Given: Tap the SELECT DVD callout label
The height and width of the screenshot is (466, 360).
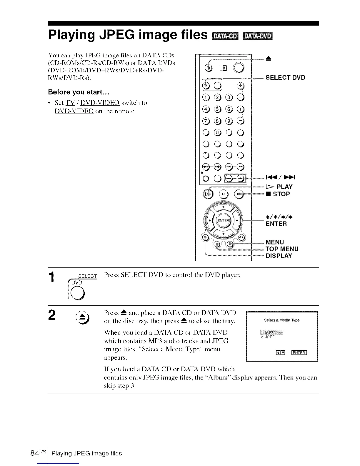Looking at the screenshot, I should pyautogui.click(x=285, y=78).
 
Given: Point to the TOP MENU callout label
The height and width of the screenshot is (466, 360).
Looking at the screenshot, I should pyautogui.click(x=282, y=249).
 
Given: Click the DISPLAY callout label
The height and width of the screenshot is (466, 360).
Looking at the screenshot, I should pyautogui.click(x=279, y=256).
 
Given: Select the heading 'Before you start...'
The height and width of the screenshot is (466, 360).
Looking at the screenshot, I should pyautogui.click(x=79, y=92).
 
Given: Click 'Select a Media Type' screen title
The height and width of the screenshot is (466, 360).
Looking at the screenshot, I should pyautogui.click(x=281, y=320).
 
